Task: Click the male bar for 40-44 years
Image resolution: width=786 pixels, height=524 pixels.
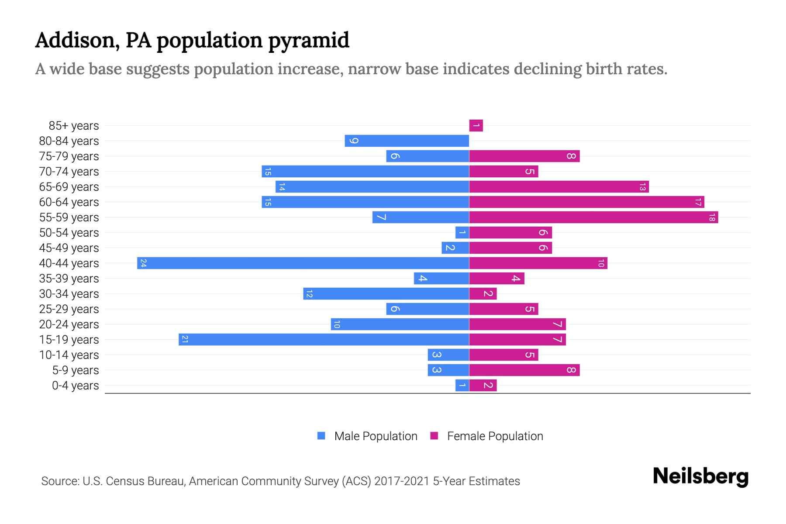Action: coord(303,263)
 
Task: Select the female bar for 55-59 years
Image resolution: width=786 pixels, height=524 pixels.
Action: coord(593,217)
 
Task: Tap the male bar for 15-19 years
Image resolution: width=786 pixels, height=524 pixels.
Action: coord(324,339)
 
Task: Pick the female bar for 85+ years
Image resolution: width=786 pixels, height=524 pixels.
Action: coord(476,125)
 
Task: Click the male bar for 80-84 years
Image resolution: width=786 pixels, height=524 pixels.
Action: coord(407,141)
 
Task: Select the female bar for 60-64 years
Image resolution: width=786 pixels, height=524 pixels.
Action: coord(586,202)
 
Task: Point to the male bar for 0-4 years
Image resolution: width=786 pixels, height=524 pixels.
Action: coord(462,385)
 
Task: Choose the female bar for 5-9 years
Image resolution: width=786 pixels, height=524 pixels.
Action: coord(524,370)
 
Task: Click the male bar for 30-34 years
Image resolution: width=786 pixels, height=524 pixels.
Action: coord(386,293)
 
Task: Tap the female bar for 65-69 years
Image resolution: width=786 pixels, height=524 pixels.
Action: coord(559,186)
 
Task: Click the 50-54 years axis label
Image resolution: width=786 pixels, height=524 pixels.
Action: coord(69,233)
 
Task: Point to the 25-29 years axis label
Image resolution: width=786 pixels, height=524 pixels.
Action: coord(69,309)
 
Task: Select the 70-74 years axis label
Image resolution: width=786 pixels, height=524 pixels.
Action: coord(69,172)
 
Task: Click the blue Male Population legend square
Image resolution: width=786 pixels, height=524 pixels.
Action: coord(321,436)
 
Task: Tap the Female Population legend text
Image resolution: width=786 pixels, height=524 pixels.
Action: coord(495,436)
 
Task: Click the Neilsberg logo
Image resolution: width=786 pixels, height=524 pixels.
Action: coord(700,476)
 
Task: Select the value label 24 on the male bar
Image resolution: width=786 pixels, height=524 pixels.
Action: coord(143,263)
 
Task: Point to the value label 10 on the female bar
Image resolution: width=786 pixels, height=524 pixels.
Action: coord(601,263)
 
